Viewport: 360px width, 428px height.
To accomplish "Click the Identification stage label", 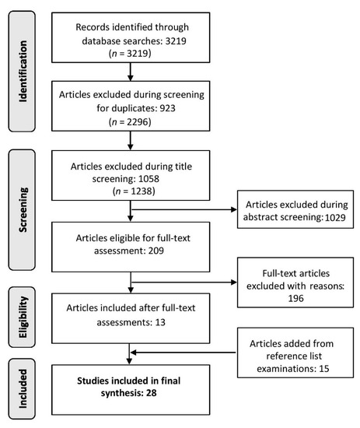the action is click(23, 72).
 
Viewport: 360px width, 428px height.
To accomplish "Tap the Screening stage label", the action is click(23, 209).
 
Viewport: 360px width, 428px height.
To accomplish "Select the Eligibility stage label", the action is click(23, 317).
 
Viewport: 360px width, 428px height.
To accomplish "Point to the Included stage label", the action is click(23, 388).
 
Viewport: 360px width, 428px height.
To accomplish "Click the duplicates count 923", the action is click(167, 108).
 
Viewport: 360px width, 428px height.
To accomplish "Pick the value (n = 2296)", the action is click(130, 121).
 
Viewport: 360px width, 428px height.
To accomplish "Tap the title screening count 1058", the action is click(149, 179).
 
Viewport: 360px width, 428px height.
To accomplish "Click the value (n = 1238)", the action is click(134, 191).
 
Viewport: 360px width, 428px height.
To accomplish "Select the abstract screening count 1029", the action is click(335, 218).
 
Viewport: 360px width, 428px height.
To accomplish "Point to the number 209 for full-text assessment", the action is click(156, 251).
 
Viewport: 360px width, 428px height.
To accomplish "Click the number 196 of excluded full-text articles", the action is click(296, 298).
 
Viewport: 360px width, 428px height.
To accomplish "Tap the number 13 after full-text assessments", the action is click(160, 322).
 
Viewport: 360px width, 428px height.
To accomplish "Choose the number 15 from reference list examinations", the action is click(324, 369).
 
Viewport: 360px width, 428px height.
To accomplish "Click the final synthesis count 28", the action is click(151, 393).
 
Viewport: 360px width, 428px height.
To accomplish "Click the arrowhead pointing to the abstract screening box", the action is click(234, 209).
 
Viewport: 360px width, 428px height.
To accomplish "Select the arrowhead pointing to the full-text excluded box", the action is click(234, 282).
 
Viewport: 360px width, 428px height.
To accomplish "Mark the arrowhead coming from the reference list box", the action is click(134, 353).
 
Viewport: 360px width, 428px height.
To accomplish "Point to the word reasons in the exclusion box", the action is click(327, 286).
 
